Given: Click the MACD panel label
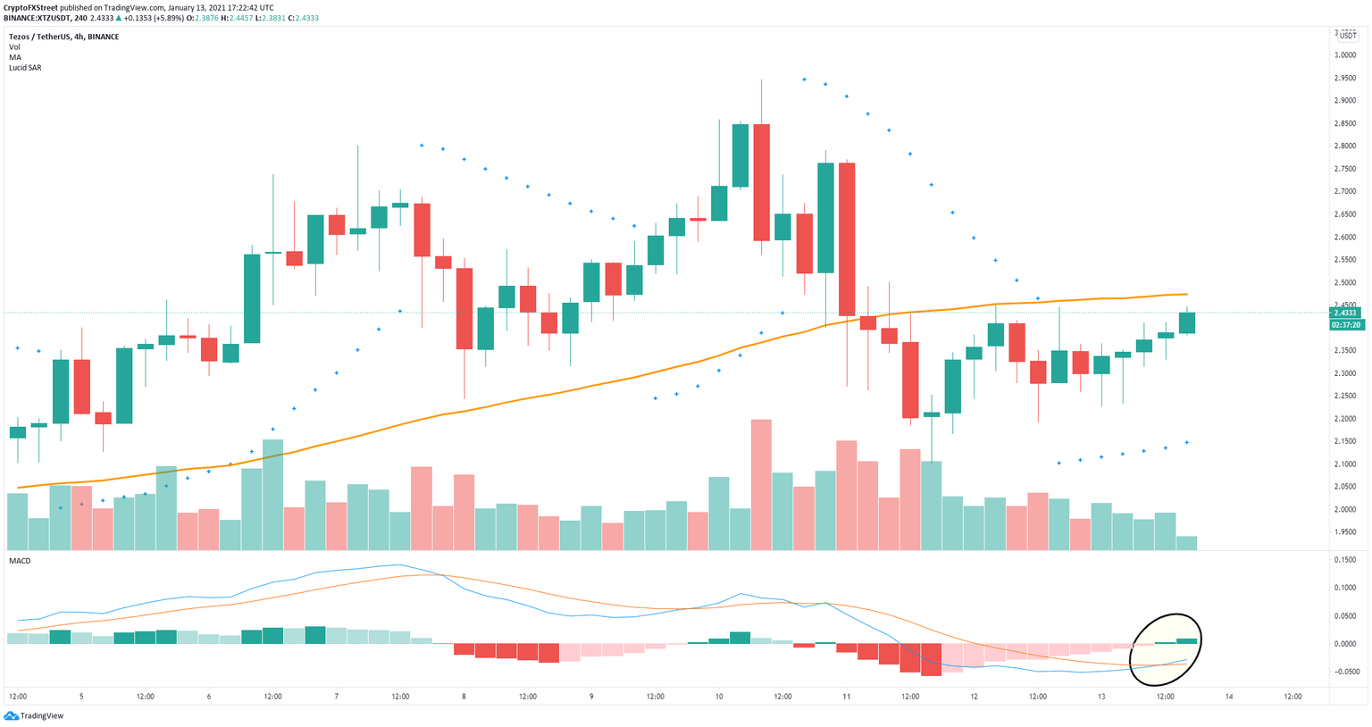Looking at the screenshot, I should click(x=20, y=561).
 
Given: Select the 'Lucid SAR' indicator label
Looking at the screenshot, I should click(x=25, y=68).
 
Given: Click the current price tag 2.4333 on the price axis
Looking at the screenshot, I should click(x=1345, y=313).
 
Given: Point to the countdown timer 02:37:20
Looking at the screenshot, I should click(x=1345, y=325).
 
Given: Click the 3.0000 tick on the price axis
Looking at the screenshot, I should click(x=1345, y=55).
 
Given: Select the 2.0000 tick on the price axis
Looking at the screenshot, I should click(x=1345, y=510).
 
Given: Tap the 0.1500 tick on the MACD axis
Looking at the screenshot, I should click(x=1345, y=560).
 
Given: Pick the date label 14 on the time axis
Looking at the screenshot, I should click(x=1229, y=697).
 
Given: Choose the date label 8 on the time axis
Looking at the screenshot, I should click(x=464, y=697).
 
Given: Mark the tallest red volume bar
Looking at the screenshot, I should click(x=762, y=483).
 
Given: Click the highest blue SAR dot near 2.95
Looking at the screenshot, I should click(x=804, y=79).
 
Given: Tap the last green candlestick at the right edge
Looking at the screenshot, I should click(x=1187, y=322).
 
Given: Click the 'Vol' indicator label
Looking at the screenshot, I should click(x=14, y=47).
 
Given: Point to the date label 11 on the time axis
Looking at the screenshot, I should click(x=846, y=697).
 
